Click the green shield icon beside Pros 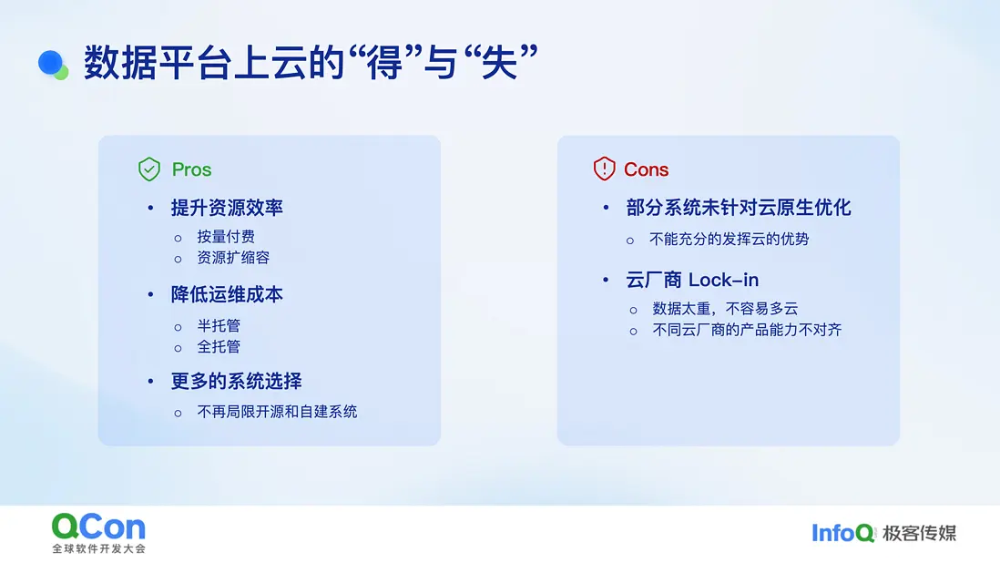point(149,169)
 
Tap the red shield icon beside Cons point(604,169)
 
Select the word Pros point(191,169)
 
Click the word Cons point(646,169)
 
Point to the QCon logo point(99,533)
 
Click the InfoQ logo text point(842,533)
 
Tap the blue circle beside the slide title point(50,63)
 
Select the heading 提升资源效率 point(227,207)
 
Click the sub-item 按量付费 point(226,237)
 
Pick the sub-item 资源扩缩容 point(233,258)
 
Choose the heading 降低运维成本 point(227,294)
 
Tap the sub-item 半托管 point(219,326)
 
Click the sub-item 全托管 point(219,347)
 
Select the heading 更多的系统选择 point(237,381)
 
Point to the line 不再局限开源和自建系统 point(277,412)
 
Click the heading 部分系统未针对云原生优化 point(739,207)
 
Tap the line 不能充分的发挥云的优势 point(729,239)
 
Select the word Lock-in point(724,280)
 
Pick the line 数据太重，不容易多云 point(725,309)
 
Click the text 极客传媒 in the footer point(920,533)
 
